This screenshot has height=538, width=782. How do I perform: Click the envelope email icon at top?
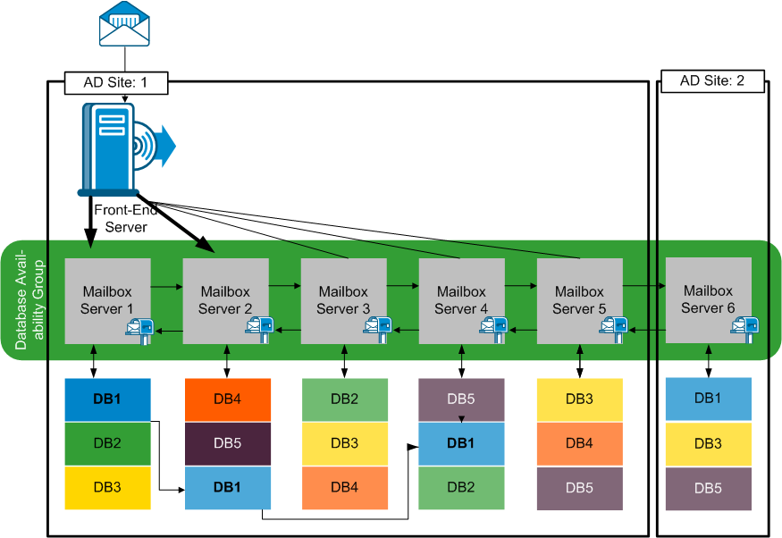[124, 24]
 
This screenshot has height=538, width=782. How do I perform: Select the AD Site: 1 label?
[115, 82]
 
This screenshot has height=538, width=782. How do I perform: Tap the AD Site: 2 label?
[711, 80]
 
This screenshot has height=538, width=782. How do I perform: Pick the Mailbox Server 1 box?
[107, 299]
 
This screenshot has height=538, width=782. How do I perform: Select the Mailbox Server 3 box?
[343, 299]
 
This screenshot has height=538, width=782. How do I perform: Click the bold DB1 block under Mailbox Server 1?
[107, 399]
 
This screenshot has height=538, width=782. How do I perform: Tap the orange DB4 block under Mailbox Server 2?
[227, 399]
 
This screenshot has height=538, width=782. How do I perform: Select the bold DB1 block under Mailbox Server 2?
[227, 487]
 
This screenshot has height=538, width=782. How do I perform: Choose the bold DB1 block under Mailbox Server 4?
[461, 443]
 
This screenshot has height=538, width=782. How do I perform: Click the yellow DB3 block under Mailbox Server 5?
[579, 399]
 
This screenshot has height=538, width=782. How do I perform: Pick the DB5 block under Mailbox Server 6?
[708, 489]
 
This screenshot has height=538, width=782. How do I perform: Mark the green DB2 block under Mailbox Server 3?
[344, 399]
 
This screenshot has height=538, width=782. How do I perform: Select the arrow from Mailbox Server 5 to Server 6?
[643, 287]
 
